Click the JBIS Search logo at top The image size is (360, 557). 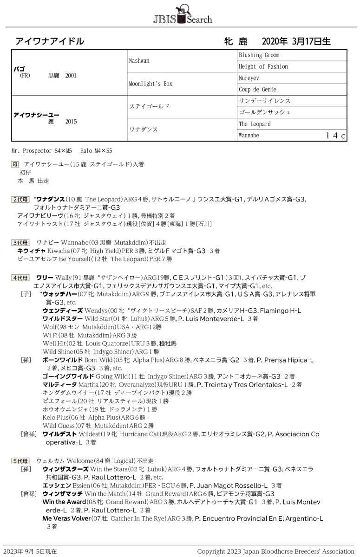pos(182,16)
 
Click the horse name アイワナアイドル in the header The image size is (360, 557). pos(50,41)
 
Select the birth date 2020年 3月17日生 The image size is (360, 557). pos(296,41)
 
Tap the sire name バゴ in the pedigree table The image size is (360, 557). pos(20,69)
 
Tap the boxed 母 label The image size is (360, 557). pos(15,164)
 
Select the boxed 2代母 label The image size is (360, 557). pos(20,200)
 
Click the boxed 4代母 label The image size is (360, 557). pos(20,278)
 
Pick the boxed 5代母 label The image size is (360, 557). pos(20,461)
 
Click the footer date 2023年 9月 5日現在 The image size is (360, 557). pos(31,551)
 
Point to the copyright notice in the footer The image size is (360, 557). pos(275,551)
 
